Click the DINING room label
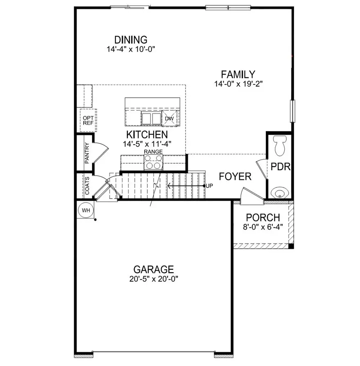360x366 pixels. [x=131, y=40]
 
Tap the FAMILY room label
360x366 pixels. [x=238, y=75]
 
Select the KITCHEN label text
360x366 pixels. [x=147, y=135]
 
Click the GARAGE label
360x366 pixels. [x=154, y=269]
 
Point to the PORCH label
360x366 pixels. [x=263, y=218]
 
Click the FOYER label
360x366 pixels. [x=235, y=176]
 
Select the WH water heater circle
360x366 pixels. [x=86, y=210]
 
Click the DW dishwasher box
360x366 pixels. [x=170, y=119]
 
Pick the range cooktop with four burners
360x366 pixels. [x=153, y=163]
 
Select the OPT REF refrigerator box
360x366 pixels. [x=88, y=120]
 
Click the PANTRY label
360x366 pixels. [x=86, y=153]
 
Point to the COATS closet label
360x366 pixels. [x=86, y=186]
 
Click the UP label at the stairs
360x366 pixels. [x=209, y=186]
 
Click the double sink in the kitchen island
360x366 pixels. [x=152, y=118]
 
